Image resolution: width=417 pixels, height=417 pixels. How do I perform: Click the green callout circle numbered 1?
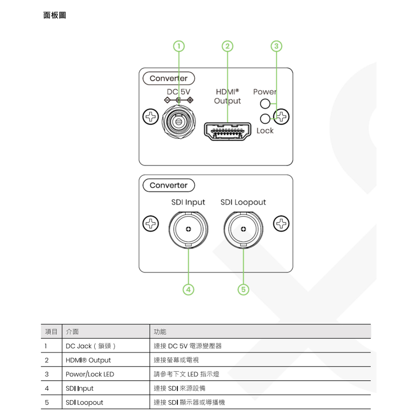click(178, 45)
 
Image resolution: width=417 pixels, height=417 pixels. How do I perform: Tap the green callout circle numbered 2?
click(227, 45)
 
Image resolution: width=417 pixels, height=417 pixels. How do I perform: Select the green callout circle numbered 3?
click(276, 45)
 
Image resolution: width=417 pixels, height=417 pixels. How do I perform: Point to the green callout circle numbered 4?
click(188, 289)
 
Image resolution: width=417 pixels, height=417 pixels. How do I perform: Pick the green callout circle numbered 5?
click(243, 289)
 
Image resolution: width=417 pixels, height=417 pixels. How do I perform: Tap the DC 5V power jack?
click(178, 121)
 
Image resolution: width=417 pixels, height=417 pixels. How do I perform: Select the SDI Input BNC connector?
click(188, 229)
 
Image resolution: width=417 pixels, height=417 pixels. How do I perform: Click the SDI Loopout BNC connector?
click(243, 229)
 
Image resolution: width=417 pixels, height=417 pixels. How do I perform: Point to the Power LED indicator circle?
click(264, 103)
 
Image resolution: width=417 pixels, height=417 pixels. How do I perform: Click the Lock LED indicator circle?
click(264, 118)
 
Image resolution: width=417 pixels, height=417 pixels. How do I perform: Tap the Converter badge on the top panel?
click(168, 78)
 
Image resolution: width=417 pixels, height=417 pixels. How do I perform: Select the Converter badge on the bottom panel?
click(168, 185)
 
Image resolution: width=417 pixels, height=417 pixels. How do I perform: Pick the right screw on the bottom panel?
click(281, 224)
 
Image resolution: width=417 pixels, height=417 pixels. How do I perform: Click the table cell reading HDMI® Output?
click(88, 360)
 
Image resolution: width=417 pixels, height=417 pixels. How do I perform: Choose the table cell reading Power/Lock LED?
click(90, 374)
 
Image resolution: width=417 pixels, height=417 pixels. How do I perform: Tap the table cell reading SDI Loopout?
click(84, 402)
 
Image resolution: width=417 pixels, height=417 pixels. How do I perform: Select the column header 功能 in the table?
click(160, 332)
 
